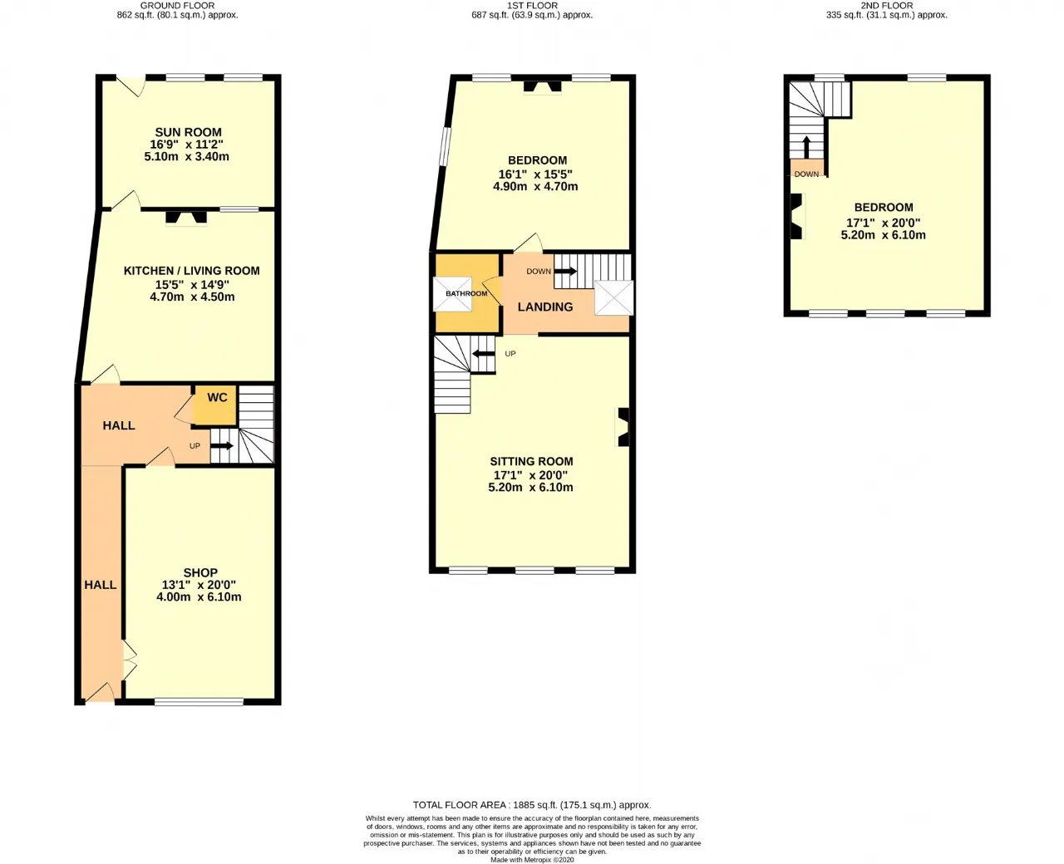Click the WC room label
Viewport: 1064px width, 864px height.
point(217,397)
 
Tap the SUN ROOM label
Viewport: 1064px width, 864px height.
point(189,132)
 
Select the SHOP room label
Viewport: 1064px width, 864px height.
point(200,572)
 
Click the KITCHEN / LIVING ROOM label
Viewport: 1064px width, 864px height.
point(192,271)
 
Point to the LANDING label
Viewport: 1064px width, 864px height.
point(545,307)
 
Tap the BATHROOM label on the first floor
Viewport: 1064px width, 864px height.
point(466,293)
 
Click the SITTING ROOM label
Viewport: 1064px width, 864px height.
point(531,461)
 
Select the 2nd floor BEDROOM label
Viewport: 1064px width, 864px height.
point(884,207)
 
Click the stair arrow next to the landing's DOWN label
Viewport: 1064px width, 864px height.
point(565,272)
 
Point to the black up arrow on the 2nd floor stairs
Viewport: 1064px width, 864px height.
point(806,147)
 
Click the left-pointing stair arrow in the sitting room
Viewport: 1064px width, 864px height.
point(483,354)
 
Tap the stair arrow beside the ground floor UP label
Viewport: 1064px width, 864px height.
point(222,446)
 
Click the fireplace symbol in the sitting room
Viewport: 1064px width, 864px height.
point(623,427)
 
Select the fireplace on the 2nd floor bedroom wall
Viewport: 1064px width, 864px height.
point(797,216)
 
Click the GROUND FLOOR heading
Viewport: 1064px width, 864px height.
point(177,6)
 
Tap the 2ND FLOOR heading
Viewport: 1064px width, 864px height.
point(887,6)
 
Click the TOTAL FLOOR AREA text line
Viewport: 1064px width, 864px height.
point(532,805)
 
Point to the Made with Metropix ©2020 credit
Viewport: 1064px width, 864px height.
point(532,860)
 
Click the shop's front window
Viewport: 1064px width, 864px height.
point(199,702)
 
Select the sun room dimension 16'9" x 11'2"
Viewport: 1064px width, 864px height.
point(187,145)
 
